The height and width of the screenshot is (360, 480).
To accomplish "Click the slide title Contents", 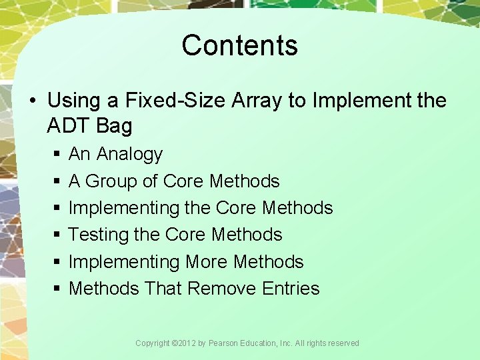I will pyautogui.click(x=239, y=45).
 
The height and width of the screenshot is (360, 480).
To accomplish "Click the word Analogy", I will pyautogui.click(x=129, y=154).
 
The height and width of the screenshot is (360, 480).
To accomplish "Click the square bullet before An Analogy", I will pyautogui.click(x=55, y=155).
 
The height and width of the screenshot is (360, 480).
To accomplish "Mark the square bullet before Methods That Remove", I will pyautogui.click(x=55, y=289).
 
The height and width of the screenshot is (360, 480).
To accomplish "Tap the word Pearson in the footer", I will pyautogui.click(x=225, y=343).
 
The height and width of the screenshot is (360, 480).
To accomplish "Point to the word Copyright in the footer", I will pyautogui.click(x=152, y=343).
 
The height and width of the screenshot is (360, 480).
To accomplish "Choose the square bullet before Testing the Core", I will pyautogui.click(x=55, y=235).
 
